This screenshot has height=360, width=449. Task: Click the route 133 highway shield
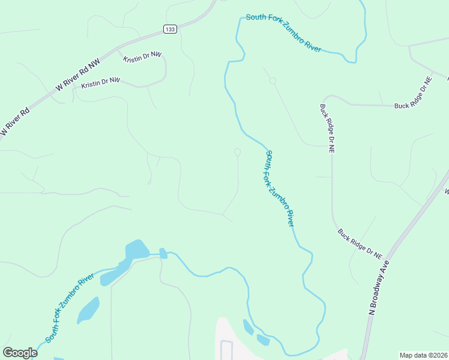point(170,29)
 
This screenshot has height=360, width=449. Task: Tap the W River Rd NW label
point(77,75)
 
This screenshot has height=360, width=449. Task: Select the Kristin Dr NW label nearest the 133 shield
point(143,56)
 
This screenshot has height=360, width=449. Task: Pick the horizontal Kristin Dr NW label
point(101,81)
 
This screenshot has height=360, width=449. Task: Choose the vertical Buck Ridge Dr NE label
point(327,128)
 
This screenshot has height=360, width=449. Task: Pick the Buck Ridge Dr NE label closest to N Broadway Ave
point(360,244)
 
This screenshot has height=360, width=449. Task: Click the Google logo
point(20,353)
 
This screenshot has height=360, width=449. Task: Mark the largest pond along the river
point(136,250)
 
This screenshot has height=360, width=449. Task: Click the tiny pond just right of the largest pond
point(163,253)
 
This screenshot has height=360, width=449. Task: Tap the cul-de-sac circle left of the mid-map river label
point(238,152)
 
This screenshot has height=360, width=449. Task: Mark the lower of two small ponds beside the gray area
point(262,340)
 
